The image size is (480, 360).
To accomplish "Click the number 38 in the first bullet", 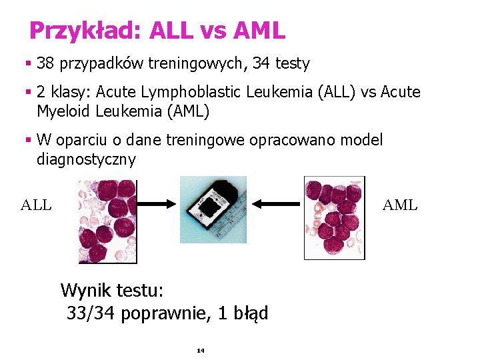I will (x=45, y=64).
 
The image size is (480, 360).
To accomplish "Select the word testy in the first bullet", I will (x=292, y=64).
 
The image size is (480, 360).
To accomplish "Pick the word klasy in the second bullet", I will (x=68, y=92).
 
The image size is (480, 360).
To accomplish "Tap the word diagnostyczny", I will (x=87, y=159).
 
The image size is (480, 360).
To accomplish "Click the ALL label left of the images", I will (x=36, y=205).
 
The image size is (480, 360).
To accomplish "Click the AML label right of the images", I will (x=400, y=205).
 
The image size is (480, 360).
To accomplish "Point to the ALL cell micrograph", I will (x=107, y=220).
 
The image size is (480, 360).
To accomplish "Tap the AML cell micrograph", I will (x=334, y=217).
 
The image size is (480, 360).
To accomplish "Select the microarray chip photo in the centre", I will (x=213, y=209).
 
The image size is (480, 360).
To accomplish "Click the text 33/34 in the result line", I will (x=92, y=313).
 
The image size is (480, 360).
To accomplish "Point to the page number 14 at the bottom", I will (x=200, y=350).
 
